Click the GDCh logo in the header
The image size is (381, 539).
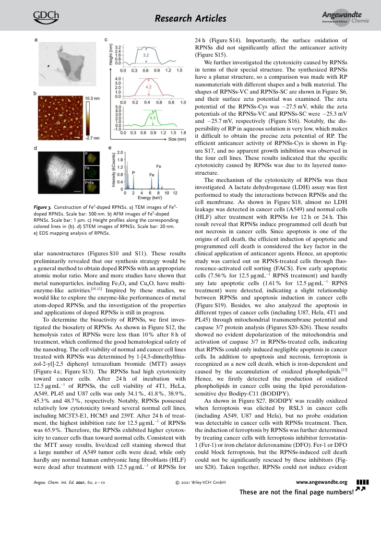click(46, 17)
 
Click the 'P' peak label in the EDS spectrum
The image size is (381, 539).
click(133, 172)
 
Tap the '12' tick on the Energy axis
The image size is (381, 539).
click(175, 192)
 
